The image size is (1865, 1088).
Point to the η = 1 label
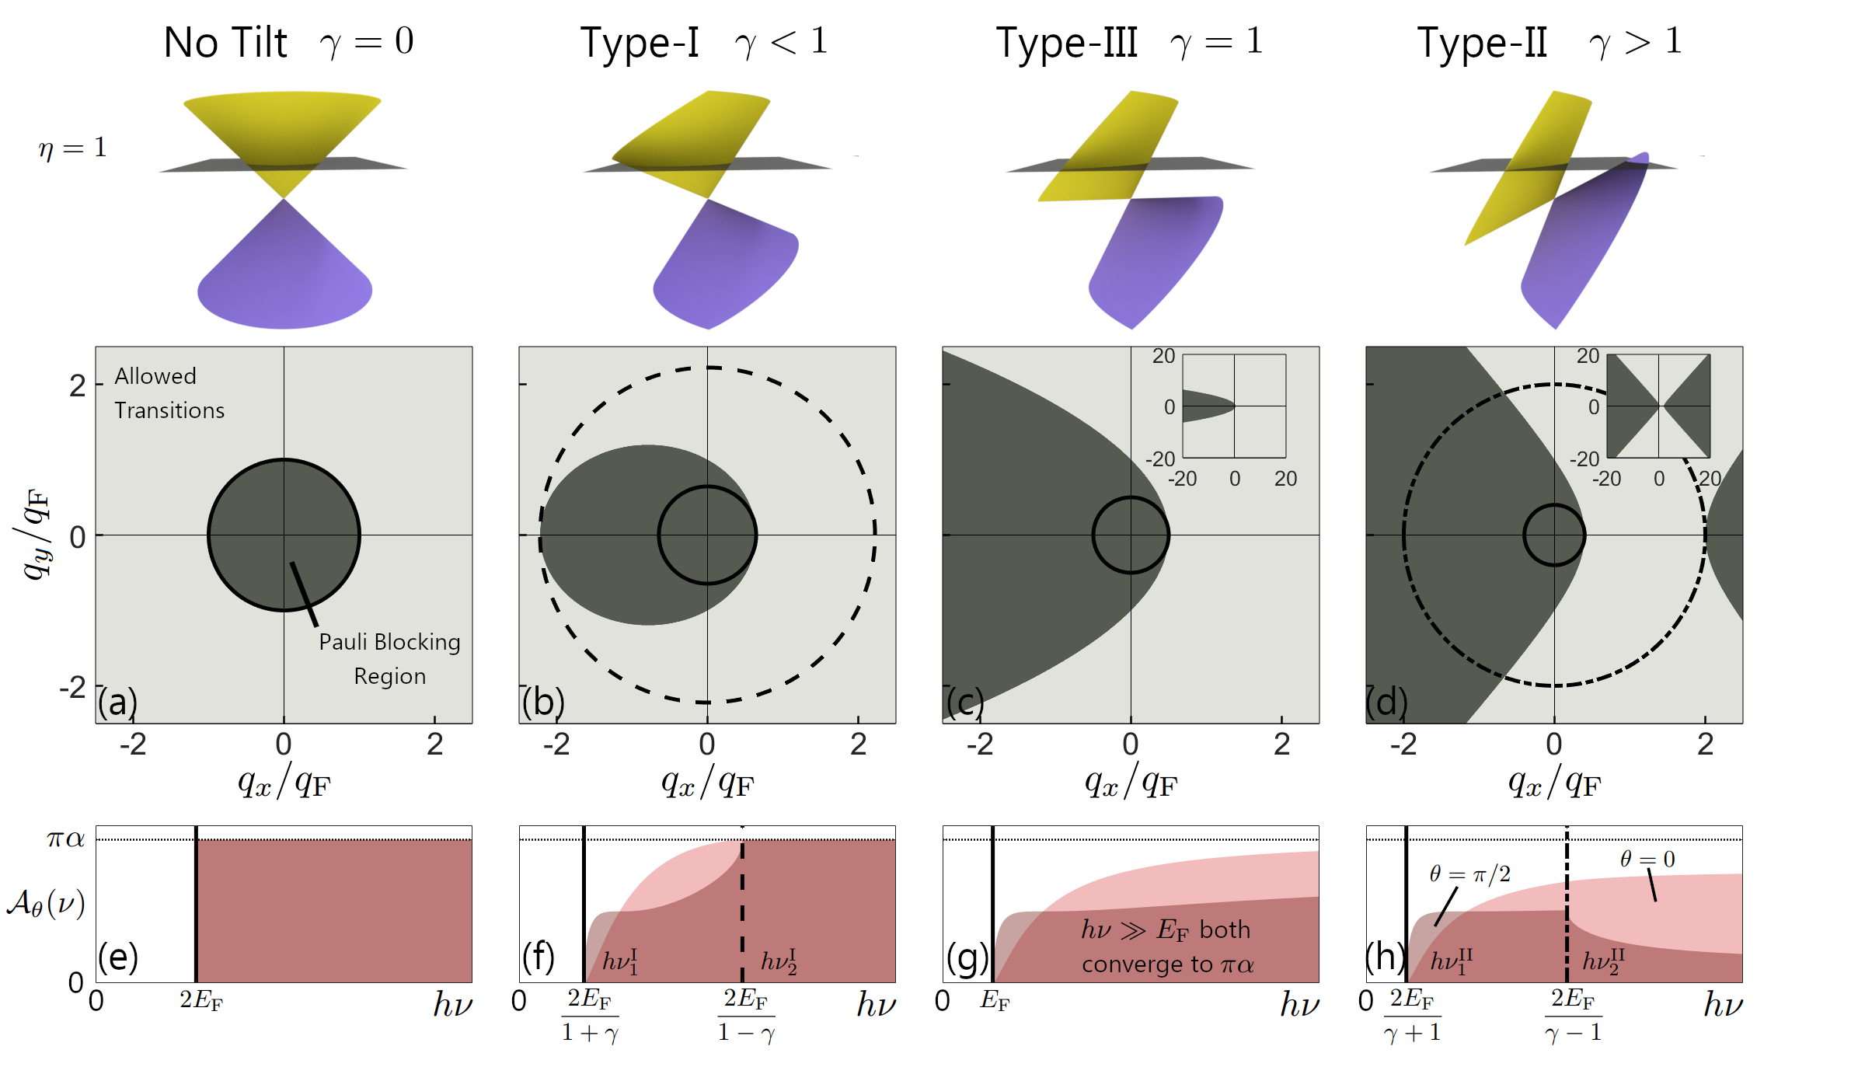click(72, 148)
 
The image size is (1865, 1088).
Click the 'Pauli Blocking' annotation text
click(389, 642)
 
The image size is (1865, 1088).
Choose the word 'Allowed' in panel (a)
click(155, 376)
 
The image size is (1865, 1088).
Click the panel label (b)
click(543, 703)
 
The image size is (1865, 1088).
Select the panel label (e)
click(118, 957)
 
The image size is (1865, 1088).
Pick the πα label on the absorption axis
click(65, 839)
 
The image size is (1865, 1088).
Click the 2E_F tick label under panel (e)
click(201, 999)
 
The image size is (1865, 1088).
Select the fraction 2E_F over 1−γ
click(746, 1015)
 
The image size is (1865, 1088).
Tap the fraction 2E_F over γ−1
click(1574, 1015)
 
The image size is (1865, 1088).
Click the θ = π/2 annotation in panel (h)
click(1470, 874)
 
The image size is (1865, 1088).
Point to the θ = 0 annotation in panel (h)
click(1647, 859)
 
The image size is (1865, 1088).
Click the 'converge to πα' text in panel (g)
click(1168, 965)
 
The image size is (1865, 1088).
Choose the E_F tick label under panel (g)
click(995, 1000)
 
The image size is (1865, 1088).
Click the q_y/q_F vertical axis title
click(36, 535)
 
